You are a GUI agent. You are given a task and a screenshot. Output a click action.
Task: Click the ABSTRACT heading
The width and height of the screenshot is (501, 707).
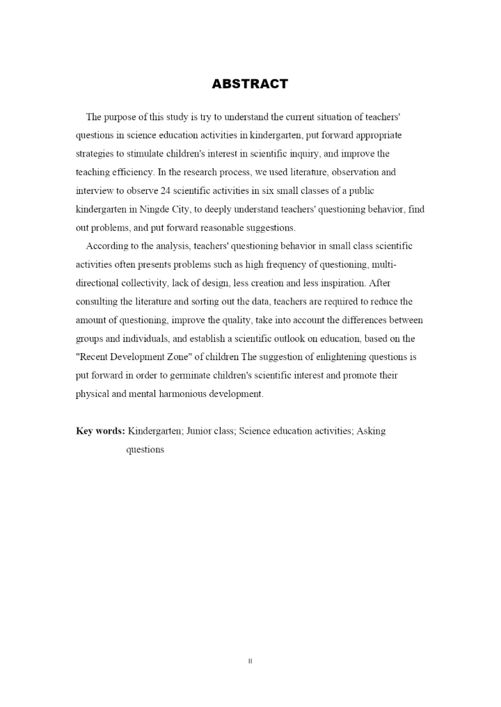pyautogui.click(x=250, y=84)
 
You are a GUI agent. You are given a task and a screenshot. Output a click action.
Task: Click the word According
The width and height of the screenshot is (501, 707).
pyautogui.click(x=107, y=245)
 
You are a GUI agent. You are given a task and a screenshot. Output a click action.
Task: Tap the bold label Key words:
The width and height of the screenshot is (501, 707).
pyautogui.click(x=100, y=431)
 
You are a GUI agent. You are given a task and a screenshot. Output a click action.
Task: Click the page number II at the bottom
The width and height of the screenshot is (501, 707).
pyautogui.click(x=250, y=661)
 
